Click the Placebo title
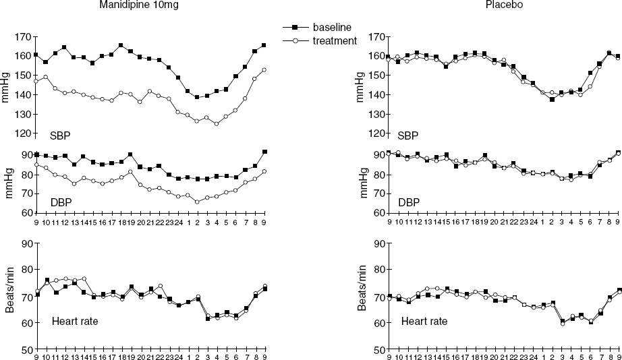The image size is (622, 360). point(503,5)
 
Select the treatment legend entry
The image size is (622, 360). point(334,40)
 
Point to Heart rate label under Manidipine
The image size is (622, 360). point(75,320)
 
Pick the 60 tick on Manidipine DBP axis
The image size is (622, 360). point(26,213)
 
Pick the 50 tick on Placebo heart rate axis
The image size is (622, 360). point(378,350)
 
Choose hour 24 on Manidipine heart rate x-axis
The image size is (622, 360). point(178,356)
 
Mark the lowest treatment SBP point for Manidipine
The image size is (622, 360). point(216,124)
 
